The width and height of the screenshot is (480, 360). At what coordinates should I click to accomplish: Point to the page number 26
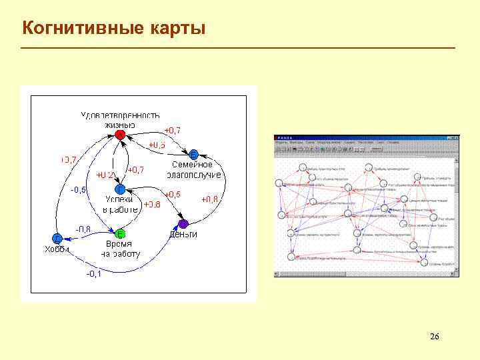pos(435,336)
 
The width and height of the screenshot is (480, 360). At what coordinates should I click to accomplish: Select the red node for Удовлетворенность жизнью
pos(120,135)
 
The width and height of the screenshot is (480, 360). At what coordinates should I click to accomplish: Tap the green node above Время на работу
pos(120,234)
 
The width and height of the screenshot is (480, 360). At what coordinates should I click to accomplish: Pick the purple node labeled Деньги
pos(183,223)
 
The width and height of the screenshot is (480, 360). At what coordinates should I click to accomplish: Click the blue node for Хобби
pos(57,239)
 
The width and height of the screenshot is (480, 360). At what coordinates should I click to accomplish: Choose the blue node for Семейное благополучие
pos(194,153)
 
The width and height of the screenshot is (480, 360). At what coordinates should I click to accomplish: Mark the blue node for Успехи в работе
pos(120,189)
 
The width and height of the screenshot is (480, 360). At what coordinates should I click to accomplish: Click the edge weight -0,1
pos(93,274)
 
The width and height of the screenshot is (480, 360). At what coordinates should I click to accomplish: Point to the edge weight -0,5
pos(79,190)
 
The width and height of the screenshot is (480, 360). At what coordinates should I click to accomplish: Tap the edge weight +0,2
pos(105,175)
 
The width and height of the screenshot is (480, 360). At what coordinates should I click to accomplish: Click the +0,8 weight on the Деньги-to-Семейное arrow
pos(210,199)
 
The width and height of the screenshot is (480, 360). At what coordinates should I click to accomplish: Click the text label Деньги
pos(183,235)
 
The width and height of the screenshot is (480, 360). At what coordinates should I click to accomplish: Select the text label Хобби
pos(57,250)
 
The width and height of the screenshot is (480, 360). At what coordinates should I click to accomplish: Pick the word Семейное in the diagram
pos(193,165)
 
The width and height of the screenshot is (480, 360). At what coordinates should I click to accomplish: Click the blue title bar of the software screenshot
pos(367,137)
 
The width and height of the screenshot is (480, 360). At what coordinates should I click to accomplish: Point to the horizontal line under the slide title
pos(238,48)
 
